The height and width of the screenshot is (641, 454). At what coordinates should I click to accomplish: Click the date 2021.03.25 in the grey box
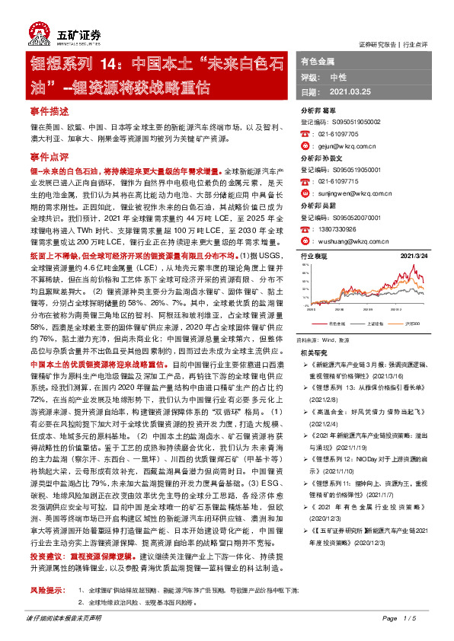click(x=350, y=91)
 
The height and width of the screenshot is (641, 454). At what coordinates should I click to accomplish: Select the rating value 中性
click(x=338, y=77)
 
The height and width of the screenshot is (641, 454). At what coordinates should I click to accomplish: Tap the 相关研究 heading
click(x=313, y=353)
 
